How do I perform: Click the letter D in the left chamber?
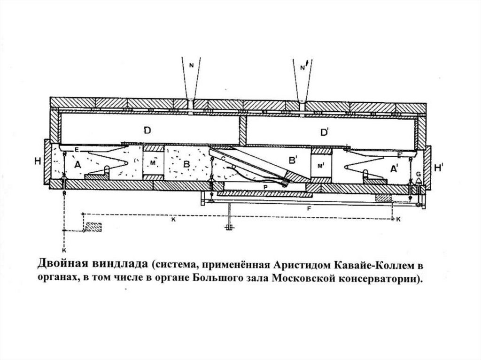[x=147, y=131]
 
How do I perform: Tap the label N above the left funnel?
[x=191, y=66]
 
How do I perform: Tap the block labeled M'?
[x=321, y=166]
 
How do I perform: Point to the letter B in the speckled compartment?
[x=186, y=164]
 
